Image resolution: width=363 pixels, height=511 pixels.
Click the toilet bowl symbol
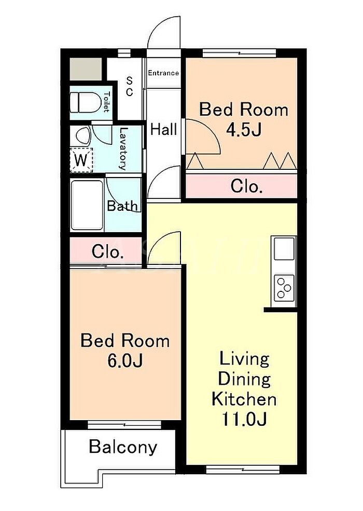86,102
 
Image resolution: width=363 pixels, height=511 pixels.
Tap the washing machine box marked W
81,160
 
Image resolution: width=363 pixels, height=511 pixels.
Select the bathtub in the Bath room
87,205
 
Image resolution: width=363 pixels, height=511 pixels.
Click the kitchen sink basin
284,249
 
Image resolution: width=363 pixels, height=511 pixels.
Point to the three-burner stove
284,288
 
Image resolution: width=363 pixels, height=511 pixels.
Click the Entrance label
163,73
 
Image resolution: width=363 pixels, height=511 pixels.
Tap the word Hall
163,129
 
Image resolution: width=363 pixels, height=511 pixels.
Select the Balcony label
123,447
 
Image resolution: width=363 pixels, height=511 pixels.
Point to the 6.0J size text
125,361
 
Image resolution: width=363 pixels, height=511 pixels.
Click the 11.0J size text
244,419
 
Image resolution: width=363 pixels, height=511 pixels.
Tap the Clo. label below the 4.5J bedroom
246,187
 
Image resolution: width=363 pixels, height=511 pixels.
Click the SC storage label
129,86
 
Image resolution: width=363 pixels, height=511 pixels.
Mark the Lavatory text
123,149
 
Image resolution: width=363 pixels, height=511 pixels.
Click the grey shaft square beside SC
86,69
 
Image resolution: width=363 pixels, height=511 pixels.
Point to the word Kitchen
244,399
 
